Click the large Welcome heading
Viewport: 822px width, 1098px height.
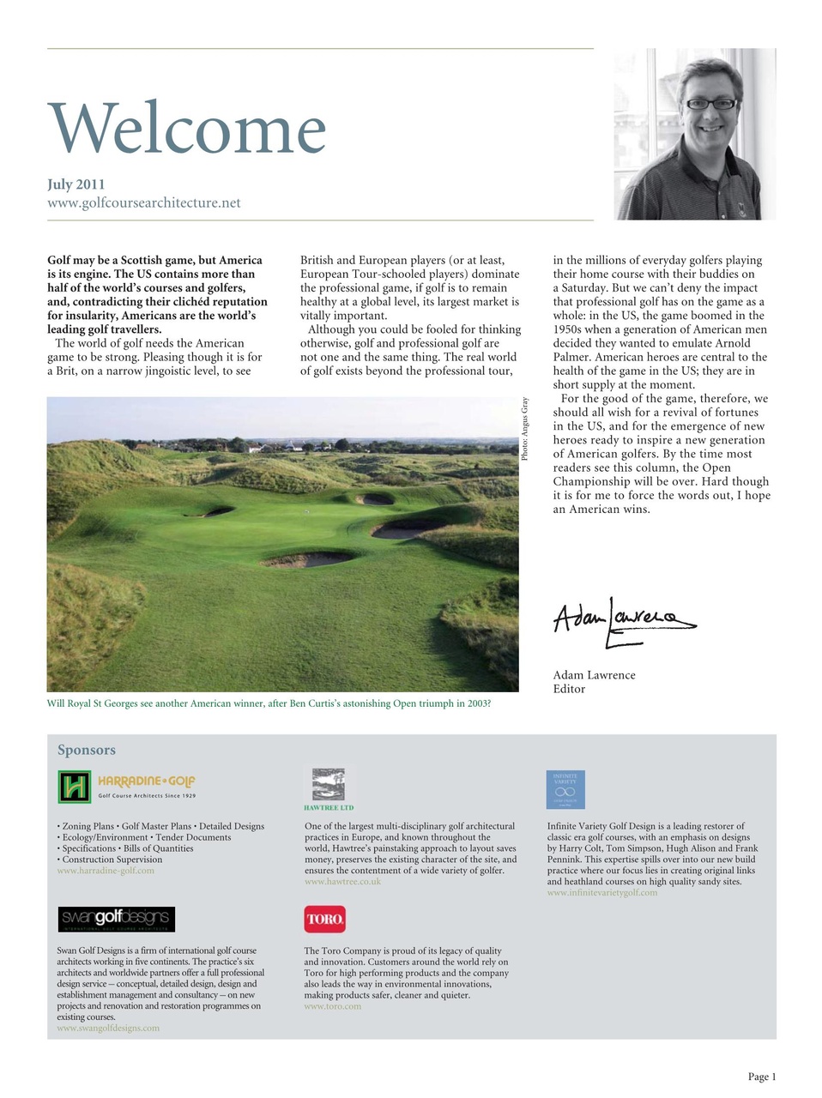coord(187,129)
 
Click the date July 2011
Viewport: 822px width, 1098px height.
coord(76,184)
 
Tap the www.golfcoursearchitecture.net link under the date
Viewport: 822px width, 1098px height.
coord(143,203)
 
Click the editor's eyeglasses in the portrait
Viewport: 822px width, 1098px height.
coord(710,104)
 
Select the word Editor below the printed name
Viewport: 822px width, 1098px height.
coord(569,689)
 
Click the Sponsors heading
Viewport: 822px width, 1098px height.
coord(86,750)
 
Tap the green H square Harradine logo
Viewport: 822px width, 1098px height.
coord(74,786)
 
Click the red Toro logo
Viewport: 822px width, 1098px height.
coord(324,919)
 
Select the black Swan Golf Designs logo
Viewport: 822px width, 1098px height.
coord(116,920)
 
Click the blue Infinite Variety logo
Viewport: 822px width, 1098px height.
coord(565,789)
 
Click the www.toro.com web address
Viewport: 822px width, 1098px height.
coord(332,1006)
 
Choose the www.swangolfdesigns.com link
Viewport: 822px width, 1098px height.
coord(108,1028)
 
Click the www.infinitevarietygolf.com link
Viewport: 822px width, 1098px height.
coord(602,893)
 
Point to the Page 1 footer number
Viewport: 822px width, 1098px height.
coord(761,1077)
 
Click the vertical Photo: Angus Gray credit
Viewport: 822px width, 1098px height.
coord(525,429)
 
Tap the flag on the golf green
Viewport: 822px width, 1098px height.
coord(305,510)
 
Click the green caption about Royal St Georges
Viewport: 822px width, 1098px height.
coord(269,703)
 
